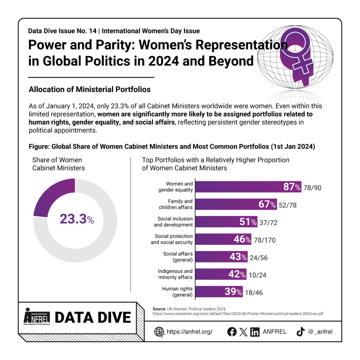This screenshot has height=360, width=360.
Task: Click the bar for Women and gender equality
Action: [x=248, y=187]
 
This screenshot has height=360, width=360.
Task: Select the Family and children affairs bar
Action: [x=236, y=204]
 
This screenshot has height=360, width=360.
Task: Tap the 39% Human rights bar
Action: [x=219, y=291]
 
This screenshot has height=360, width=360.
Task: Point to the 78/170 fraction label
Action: [x=264, y=240]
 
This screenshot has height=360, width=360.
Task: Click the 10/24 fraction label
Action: [x=257, y=275]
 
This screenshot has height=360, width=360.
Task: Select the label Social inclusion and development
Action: [x=173, y=221]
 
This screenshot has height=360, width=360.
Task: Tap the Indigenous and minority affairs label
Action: [x=175, y=274]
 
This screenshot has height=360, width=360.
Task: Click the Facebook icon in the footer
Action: [x=232, y=332]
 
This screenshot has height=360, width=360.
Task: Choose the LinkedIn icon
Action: [x=255, y=332]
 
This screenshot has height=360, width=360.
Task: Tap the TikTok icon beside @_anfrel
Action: [x=301, y=332]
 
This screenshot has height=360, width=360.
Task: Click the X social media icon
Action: [x=243, y=332]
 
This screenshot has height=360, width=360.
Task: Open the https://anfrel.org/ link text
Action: [x=189, y=332]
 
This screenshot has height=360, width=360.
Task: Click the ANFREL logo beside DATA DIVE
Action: [x=37, y=317]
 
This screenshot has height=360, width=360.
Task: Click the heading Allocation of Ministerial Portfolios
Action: [x=90, y=89]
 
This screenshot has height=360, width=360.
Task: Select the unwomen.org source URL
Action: [x=238, y=314]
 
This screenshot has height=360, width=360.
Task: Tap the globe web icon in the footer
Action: [x=159, y=332]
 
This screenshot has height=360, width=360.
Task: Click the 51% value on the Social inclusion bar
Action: [x=248, y=222]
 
